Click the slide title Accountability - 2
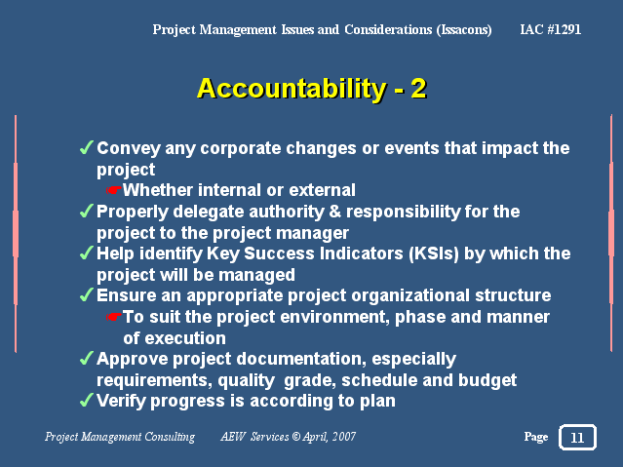(x=312, y=89)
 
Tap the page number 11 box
(x=577, y=437)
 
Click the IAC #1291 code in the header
(x=550, y=29)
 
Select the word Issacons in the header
(x=464, y=30)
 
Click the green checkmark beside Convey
(x=87, y=147)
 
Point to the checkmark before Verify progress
(x=87, y=400)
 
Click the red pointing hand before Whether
(x=114, y=190)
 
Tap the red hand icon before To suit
(x=114, y=317)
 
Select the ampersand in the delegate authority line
(x=335, y=212)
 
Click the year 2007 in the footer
(x=344, y=437)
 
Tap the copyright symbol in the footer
(x=296, y=437)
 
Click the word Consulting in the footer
(x=170, y=437)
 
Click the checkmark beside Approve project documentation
(x=87, y=358)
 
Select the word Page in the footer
(x=536, y=437)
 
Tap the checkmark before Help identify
(x=87, y=253)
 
